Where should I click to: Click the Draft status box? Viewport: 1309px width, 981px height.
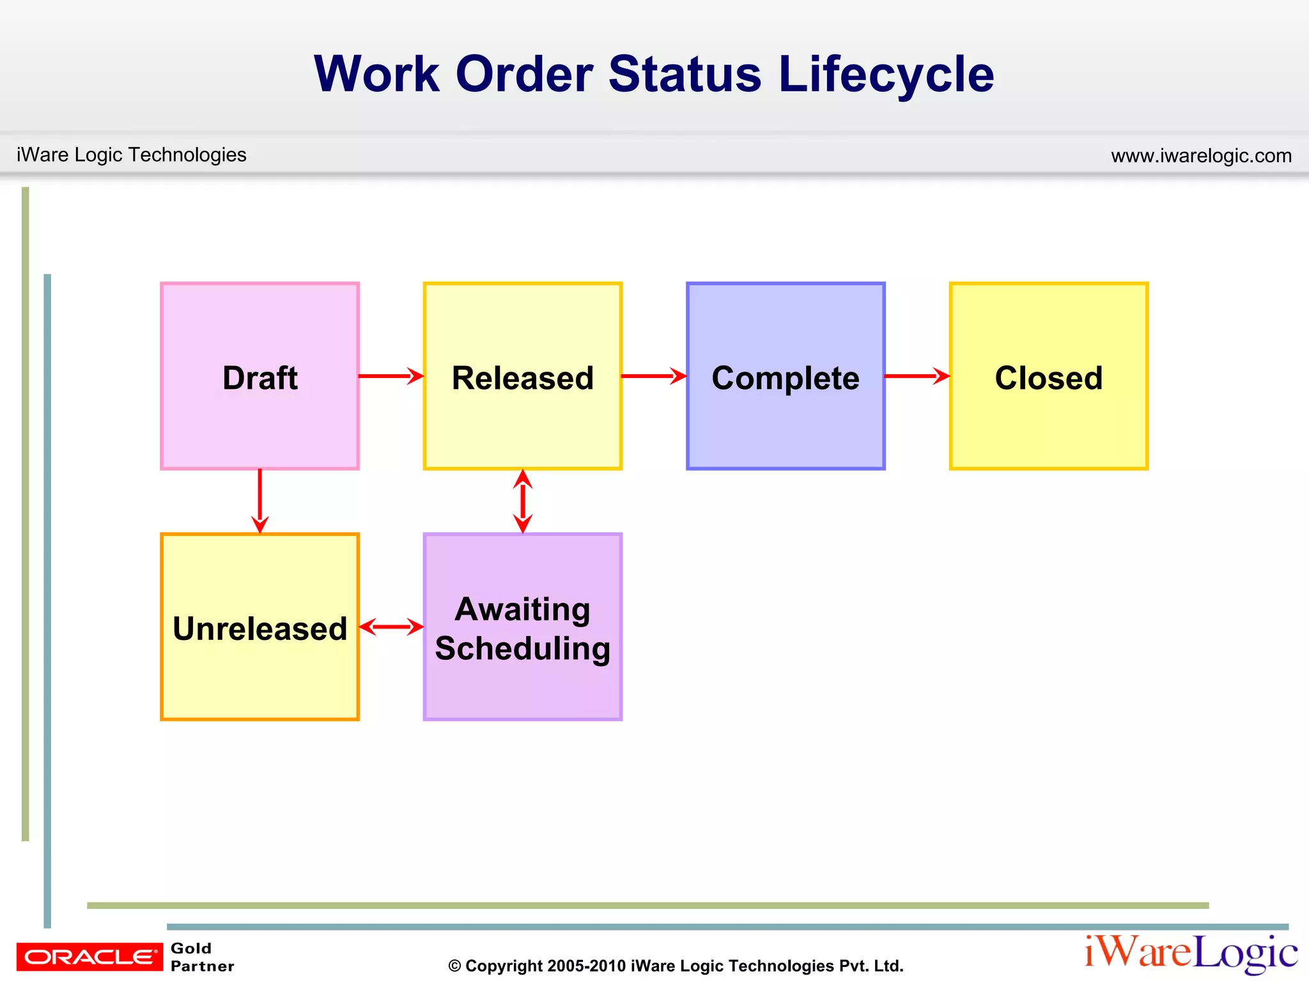(259, 376)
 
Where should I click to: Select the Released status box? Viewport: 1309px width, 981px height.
(522, 376)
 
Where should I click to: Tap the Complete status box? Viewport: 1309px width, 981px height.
(786, 376)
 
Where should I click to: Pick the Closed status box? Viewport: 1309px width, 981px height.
(1048, 376)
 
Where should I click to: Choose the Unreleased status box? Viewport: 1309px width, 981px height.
(259, 627)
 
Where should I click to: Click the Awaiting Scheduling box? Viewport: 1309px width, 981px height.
(522, 627)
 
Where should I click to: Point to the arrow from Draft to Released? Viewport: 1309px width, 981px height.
(391, 376)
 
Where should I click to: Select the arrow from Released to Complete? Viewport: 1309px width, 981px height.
(653, 376)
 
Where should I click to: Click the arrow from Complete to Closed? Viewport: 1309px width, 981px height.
(917, 376)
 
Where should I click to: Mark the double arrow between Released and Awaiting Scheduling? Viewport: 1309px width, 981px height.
(523, 501)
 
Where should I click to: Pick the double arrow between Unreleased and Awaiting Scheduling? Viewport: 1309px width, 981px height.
(391, 627)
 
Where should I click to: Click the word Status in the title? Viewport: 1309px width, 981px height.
(685, 74)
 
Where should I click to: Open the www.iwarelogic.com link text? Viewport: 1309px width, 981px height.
(1201, 155)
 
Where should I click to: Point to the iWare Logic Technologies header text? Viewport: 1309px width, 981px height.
(131, 155)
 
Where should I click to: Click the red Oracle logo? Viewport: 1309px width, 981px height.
(89, 957)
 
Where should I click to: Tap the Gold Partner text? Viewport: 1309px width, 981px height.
(201, 957)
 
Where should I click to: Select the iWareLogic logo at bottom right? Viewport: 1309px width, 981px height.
(1190, 954)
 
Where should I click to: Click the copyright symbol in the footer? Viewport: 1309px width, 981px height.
(454, 966)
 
